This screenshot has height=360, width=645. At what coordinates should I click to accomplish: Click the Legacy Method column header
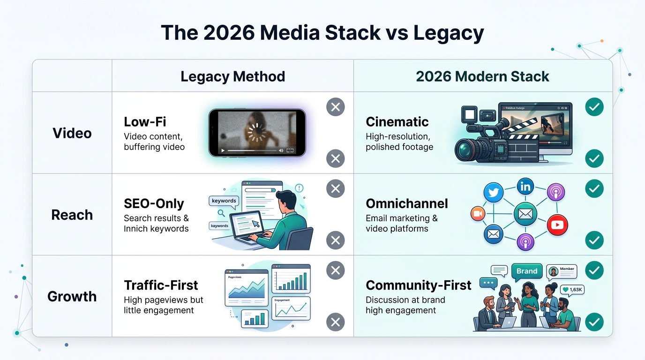(232, 76)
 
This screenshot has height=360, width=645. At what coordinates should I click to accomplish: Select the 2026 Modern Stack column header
(482, 76)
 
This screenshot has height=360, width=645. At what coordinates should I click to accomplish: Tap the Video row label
(72, 133)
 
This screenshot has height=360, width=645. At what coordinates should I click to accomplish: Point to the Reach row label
(72, 215)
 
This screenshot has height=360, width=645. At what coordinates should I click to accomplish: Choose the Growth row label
(72, 296)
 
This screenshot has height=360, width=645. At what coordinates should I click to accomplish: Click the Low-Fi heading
(145, 122)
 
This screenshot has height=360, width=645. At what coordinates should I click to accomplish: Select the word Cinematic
(397, 122)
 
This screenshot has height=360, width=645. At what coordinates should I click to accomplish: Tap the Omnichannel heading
(406, 203)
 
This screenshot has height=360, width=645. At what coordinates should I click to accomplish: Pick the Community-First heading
(418, 285)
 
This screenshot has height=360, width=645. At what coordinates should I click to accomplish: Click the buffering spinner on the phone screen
(256, 133)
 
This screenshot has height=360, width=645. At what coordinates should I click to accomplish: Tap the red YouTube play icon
(557, 225)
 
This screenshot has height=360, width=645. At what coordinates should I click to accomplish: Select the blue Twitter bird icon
(493, 193)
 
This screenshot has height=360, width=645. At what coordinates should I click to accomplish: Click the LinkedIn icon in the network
(525, 187)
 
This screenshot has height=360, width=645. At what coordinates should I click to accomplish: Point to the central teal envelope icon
(525, 214)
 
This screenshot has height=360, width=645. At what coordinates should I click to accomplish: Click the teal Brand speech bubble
(527, 271)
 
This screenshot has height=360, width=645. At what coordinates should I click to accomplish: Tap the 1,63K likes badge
(572, 290)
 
